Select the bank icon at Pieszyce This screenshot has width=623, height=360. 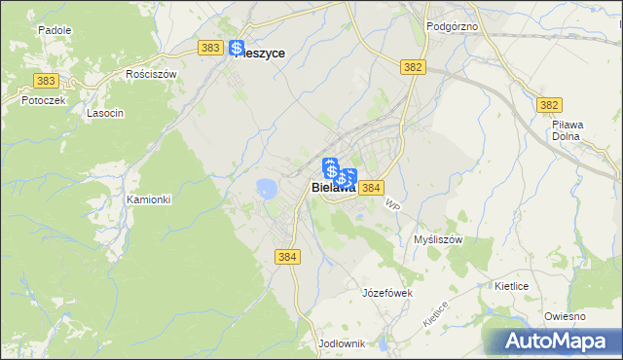point(238,48)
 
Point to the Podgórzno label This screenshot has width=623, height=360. point(453,26)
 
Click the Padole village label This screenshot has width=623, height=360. point(55,30)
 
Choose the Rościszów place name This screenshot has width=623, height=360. point(150,73)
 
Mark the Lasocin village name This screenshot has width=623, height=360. point(104,113)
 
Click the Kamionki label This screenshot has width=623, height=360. point(149,199)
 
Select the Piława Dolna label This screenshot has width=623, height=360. point(567,131)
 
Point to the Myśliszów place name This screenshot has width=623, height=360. point(437,239)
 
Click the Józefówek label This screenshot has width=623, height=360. point(388,293)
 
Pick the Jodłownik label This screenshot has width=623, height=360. point(341,343)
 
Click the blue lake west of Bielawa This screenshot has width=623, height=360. point(266,187)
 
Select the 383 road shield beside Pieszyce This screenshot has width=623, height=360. point(208,47)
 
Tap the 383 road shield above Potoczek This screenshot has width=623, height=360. point(44,81)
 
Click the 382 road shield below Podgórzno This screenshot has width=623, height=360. point(413,66)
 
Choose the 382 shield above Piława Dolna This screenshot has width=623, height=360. point(550,105)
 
